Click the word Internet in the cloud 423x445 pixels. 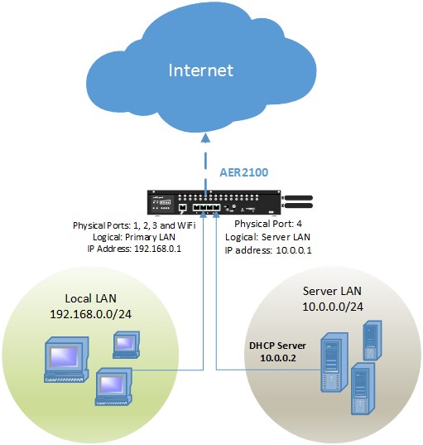tap(200, 70)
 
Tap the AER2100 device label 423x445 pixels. tap(244, 172)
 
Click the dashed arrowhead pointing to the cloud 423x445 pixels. tap(205, 138)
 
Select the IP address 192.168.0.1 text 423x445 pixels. tap(157, 249)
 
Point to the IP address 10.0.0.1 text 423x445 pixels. tap(294, 250)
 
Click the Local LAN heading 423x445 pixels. tap(91, 298)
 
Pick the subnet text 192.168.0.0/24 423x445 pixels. tap(91, 314)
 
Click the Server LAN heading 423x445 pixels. tap(332, 291)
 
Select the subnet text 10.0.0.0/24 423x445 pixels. tap(333, 307)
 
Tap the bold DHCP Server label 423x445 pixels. tap(277, 346)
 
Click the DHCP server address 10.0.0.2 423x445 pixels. tap(278, 358)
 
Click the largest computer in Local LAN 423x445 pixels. tap(66, 360)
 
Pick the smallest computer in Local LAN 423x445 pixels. tap(126, 345)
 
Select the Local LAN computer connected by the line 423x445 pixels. tap(113, 386)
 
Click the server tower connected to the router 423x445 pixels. tap(334, 362)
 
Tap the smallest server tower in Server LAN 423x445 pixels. tap(373, 341)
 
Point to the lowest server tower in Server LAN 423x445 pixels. tap(363, 389)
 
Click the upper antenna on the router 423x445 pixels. tap(299, 198)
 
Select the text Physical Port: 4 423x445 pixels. tap(268, 224)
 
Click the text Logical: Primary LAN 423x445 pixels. tap(134, 237)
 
